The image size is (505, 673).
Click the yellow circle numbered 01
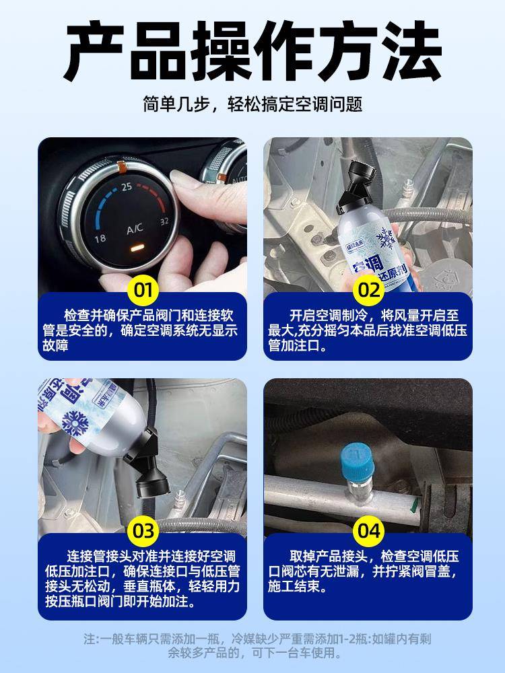click(143, 290)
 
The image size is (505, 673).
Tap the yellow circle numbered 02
click(369, 290)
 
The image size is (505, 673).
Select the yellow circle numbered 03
click(143, 531)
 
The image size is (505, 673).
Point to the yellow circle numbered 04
click(369, 531)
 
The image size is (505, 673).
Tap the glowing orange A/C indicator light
click(136, 248)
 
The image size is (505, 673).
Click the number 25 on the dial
click(127, 186)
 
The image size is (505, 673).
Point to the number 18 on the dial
click(100, 238)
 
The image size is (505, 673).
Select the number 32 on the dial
click(164, 221)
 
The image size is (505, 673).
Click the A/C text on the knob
click(135, 229)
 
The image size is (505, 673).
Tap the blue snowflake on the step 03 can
click(75, 423)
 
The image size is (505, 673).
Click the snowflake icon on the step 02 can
click(386, 239)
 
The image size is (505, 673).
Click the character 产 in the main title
click(94, 50)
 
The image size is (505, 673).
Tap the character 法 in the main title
click(411, 50)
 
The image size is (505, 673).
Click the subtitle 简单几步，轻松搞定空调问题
click(252, 104)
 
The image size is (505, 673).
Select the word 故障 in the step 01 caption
click(55, 345)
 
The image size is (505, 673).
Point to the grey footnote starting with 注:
click(257, 645)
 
